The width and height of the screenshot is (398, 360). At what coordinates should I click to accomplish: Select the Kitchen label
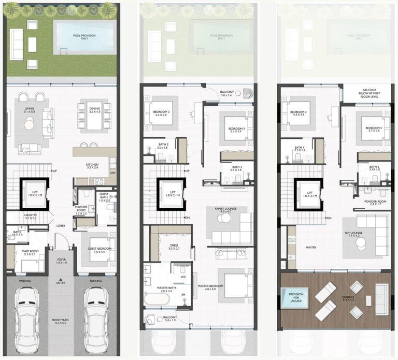coord(92,165)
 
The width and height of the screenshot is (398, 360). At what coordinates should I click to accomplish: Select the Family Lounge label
coord(225,209)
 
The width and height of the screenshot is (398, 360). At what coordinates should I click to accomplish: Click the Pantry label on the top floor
coord(310,247)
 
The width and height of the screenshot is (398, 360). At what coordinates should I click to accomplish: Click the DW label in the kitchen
coord(113,174)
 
